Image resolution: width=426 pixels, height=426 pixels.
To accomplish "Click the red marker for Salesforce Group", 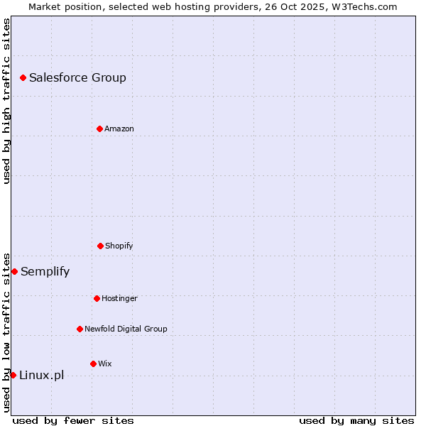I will (23, 77).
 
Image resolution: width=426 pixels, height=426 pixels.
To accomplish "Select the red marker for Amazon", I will (99, 129).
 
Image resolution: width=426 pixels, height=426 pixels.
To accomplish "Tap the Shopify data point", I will (100, 246).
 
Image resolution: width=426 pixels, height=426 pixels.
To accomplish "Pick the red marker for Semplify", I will (14, 271).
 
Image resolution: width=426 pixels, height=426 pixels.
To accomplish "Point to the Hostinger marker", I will (97, 298).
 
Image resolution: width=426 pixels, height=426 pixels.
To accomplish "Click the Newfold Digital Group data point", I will (80, 329).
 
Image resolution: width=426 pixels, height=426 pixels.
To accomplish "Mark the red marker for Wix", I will (93, 364).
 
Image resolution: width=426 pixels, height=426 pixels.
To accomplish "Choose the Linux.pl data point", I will (13, 375).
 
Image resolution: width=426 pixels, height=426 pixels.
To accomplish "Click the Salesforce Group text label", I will (77, 77).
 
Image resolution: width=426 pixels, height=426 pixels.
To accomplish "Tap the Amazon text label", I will (119, 129).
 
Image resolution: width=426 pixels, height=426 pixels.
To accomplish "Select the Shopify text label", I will (119, 246).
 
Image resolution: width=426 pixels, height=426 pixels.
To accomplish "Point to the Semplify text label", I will (45, 271).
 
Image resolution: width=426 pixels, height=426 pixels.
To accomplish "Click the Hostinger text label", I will (119, 298).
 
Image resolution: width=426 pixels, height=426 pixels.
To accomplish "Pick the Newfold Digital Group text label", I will (126, 329).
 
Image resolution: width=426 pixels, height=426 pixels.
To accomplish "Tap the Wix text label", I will (105, 364).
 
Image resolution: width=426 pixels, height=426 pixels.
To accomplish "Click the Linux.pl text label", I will (41, 375).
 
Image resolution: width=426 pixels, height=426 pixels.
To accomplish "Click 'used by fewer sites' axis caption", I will (73, 420).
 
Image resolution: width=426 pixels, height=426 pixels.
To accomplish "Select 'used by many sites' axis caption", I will (356, 420).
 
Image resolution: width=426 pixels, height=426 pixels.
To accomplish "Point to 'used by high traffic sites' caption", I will (6, 101).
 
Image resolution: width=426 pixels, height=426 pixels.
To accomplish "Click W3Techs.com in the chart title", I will (363, 6).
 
